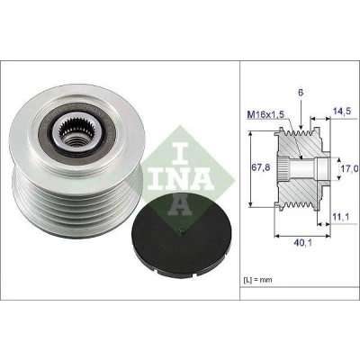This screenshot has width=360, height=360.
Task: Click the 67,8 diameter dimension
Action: [x=261, y=167]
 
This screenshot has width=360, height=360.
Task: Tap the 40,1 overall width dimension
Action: [x=302, y=242]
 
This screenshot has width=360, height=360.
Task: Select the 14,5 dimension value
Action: [x=341, y=111]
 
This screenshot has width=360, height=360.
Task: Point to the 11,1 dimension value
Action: [x=340, y=217]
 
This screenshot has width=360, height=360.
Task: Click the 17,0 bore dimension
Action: [x=350, y=168]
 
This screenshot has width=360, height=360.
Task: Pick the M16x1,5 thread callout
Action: [x=265, y=113]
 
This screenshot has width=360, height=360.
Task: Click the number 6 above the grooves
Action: [x=301, y=93]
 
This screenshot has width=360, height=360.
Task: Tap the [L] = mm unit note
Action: [x=257, y=280]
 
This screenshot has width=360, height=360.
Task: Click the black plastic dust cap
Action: [x=178, y=234]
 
